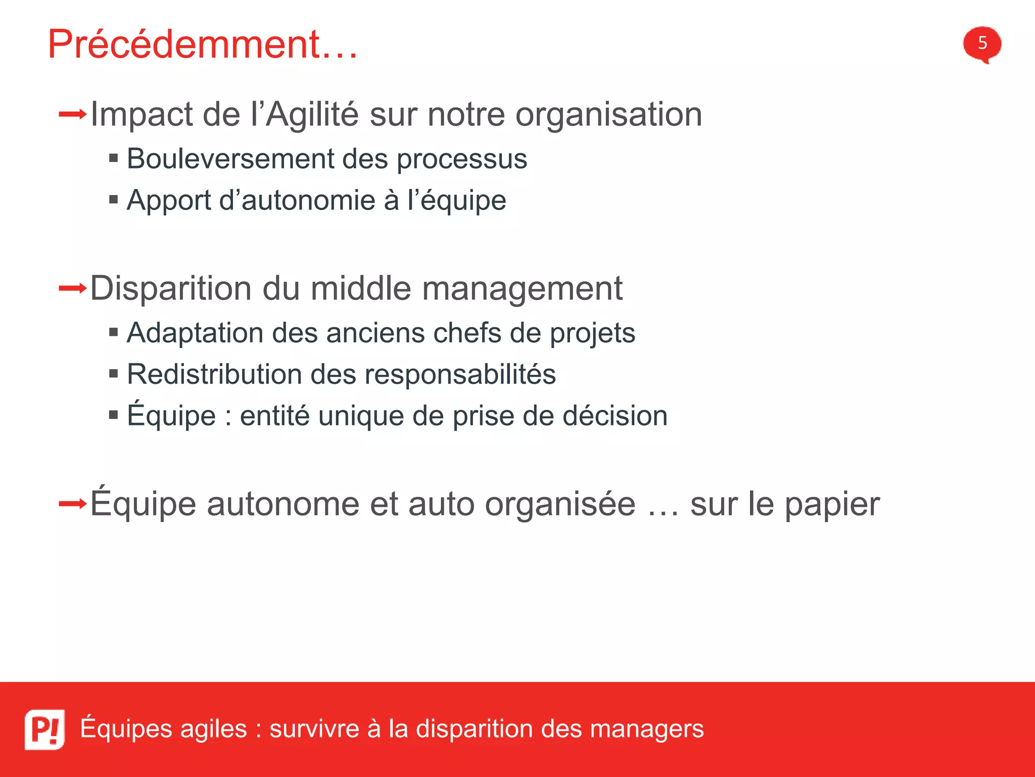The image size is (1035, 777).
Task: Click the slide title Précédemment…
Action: (202, 45)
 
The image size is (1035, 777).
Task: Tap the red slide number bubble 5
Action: (982, 44)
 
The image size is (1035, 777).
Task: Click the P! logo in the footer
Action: (44, 729)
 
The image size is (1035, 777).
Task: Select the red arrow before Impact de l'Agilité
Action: (73, 114)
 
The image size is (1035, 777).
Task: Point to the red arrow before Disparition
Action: (73, 289)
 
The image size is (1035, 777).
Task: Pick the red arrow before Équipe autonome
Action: (73, 504)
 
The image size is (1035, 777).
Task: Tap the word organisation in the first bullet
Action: (608, 115)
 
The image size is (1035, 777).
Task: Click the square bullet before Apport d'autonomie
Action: (114, 200)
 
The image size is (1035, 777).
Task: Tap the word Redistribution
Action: (214, 374)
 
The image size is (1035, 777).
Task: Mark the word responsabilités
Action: (460, 375)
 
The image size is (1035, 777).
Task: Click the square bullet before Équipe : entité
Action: (114, 416)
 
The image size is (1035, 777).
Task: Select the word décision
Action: (615, 416)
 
